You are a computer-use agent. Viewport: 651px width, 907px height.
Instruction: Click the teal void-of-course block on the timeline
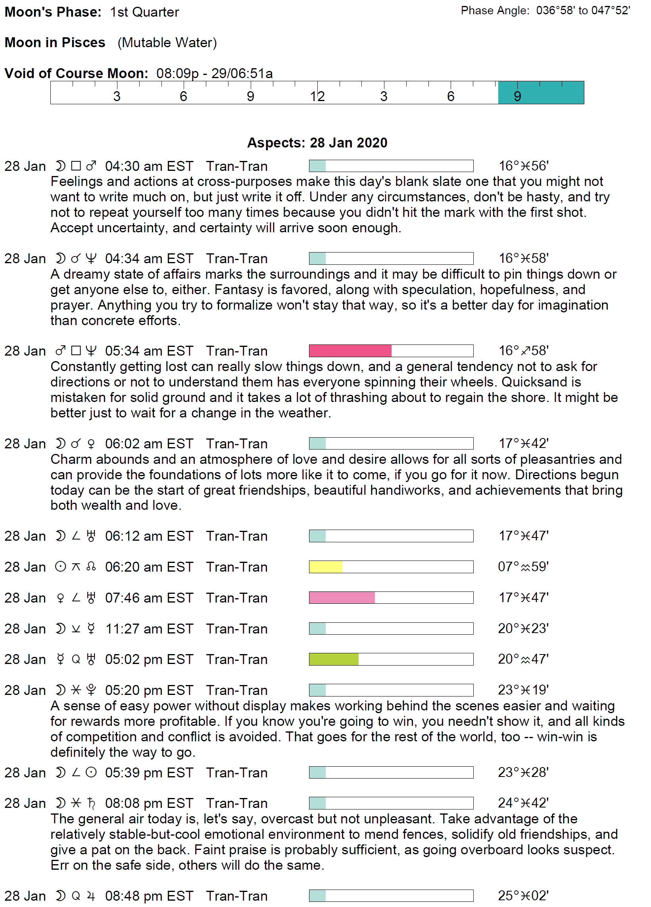tap(541, 92)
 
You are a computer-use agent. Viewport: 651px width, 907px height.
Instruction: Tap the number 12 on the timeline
tap(317, 96)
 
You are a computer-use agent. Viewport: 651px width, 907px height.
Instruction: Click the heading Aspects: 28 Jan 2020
tap(317, 143)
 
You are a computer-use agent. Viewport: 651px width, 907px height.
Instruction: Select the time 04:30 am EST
tap(149, 166)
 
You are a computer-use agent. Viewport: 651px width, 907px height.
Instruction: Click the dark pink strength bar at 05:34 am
tap(350, 351)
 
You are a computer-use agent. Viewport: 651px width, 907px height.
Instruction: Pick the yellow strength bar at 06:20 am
tap(325, 566)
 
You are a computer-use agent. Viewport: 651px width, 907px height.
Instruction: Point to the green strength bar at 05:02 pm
tap(333, 659)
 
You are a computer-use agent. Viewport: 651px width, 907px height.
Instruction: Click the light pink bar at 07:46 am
tap(342, 598)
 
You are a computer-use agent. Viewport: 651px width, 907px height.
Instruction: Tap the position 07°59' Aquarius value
tap(522, 566)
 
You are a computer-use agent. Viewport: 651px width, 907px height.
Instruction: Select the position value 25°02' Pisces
tap(522, 896)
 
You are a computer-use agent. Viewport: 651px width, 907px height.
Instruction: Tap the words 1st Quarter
tap(144, 12)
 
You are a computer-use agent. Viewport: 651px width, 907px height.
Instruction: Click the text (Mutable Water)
tap(167, 42)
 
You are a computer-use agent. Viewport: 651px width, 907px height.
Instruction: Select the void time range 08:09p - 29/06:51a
tap(214, 74)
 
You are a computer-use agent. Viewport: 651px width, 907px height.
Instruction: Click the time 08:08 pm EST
tap(149, 803)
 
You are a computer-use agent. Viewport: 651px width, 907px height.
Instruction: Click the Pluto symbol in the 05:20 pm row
tap(91, 690)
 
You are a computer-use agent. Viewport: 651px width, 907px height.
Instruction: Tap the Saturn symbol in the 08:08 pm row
tap(91, 803)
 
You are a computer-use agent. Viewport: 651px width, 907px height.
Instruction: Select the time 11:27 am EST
tap(149, 629)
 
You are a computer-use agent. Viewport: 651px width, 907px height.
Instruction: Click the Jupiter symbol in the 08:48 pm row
tap(91, 896)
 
